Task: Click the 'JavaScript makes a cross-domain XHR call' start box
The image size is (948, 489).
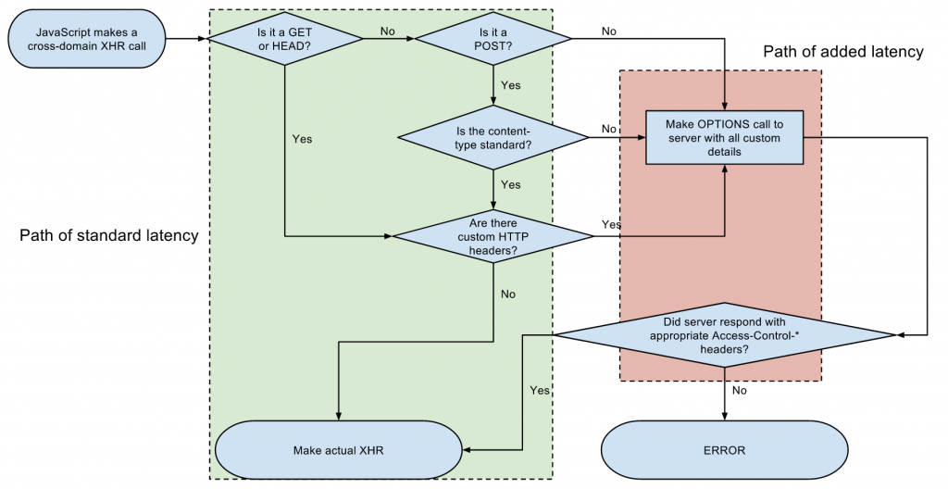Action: pos(86,39)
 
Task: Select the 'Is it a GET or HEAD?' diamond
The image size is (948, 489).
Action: pos(285,39)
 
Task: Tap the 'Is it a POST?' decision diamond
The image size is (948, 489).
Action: pos(493,39)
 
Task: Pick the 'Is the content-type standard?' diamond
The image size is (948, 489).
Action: pos(493,137)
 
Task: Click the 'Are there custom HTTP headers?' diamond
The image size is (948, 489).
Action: pos(493,237)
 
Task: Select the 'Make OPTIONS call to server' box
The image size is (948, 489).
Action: pos(724,137)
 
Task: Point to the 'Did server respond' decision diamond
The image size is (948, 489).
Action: pos(724,334)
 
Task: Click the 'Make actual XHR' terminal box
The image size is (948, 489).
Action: pos(339,450)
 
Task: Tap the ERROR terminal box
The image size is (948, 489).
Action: pos(724,450)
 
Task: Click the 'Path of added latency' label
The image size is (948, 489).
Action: pos(843,52)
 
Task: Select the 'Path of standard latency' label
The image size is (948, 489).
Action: pos(109,235)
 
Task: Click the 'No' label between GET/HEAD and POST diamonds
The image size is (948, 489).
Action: pos(388,31)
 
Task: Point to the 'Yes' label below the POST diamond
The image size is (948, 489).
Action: pos(511,85)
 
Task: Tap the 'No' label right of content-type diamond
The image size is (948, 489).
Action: pos(609,129)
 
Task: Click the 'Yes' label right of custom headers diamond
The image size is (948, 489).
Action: pos(611,224)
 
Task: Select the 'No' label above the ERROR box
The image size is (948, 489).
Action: pos(740,390)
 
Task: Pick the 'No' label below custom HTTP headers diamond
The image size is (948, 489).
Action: pos(508,295)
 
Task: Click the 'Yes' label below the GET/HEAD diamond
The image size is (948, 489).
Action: pos(303,139)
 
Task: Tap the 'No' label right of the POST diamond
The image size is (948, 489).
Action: pos(609,31)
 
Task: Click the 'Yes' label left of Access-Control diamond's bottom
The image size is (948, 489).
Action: pos(540,390)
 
